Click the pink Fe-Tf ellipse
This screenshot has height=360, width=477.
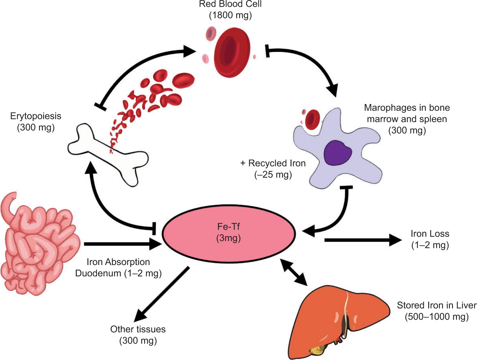click(x=229, y=233)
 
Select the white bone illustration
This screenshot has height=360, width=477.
click(x=108, y=154)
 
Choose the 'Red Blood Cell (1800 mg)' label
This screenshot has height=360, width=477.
click(x=230, y=10)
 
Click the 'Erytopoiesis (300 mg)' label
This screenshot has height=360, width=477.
click(x=36, y=122)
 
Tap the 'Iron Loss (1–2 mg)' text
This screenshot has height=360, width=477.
click(x=430, y=239)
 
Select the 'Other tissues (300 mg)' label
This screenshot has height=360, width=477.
click(x=138, y=335)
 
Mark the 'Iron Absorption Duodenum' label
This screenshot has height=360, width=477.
click(x=118, y=268)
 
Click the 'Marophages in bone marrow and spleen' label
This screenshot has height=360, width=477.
click(x=407, y=119)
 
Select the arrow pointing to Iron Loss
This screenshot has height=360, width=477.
click(x=363, y=240)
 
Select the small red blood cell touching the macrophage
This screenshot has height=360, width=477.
click(x=312, y=119)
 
